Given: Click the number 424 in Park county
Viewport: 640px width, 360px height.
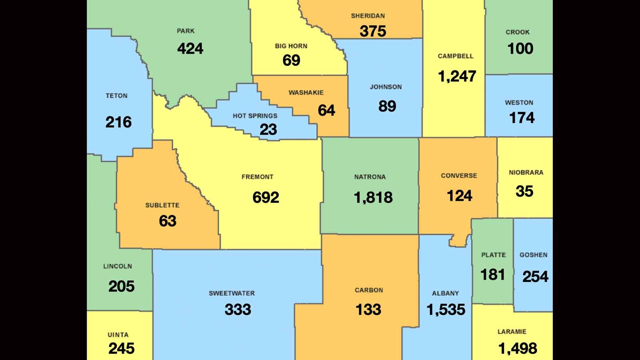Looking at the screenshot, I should point(190,49).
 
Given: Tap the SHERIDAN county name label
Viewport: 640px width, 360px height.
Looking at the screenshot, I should point(368,16).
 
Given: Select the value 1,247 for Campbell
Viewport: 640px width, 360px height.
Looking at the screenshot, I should point(457,76).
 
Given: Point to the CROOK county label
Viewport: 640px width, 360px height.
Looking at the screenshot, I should point(517,32).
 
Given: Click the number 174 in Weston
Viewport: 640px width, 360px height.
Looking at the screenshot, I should point(522,118).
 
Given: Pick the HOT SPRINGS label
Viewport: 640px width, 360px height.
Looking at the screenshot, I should point(255,116).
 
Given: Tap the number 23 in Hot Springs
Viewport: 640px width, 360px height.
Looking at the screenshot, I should point(268,130).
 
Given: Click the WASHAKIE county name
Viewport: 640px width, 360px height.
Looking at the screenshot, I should point(306,92).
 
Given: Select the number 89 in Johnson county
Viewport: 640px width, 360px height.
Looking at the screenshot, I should point(387,106).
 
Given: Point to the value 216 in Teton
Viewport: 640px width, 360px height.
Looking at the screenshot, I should point(118,122).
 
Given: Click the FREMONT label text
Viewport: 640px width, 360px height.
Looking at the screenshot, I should point(257,177).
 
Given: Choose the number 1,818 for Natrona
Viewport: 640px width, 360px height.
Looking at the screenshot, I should point(373,198).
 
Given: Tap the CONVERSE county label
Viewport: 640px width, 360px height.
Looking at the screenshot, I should point(459,176).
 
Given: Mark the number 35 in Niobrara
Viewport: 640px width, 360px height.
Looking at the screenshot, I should point(524,191).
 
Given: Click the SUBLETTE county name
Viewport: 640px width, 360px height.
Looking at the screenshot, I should point(162,205).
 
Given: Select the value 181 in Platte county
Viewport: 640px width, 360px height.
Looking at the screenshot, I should point(492,275).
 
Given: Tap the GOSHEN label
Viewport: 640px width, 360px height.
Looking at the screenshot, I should point(533,255).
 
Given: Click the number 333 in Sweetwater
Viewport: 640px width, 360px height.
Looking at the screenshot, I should point(238,310).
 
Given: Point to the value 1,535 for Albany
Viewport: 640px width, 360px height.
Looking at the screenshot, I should point(446,310).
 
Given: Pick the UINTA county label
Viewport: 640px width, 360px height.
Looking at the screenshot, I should point(118,335).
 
